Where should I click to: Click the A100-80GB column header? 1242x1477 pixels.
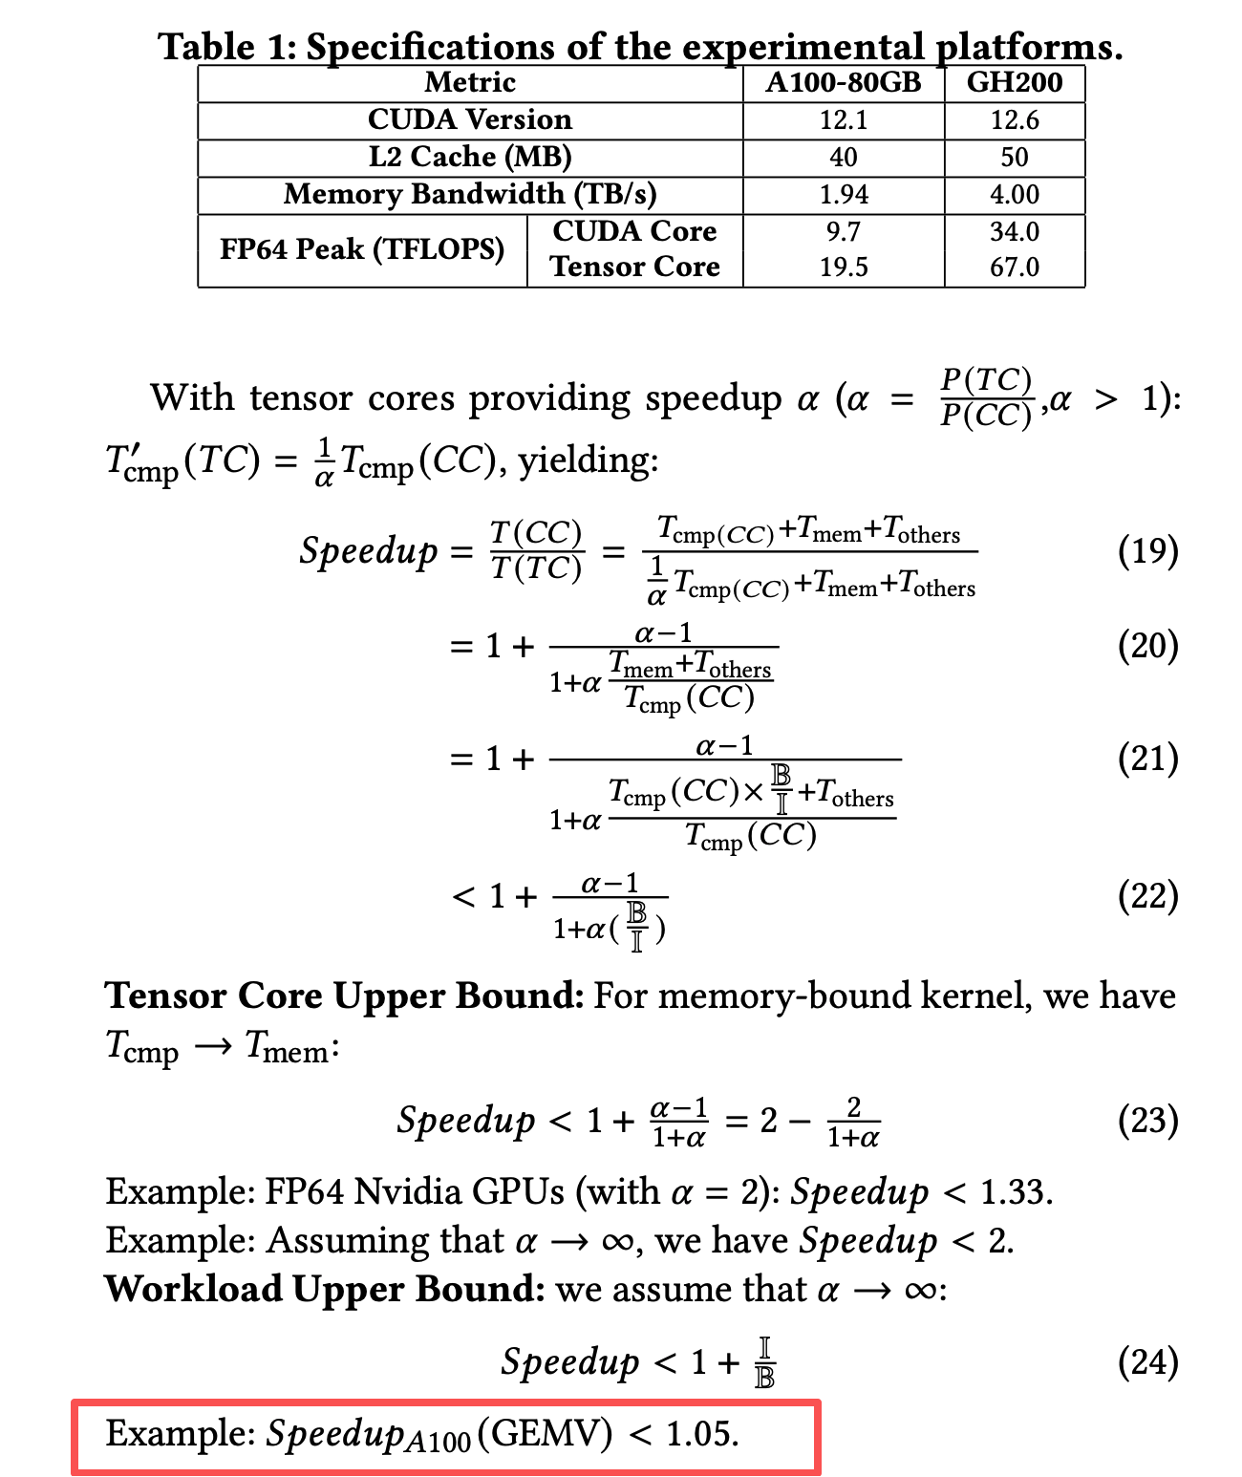(843, 82)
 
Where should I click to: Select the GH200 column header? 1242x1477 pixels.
(1014, 82)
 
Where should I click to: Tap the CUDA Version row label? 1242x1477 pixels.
(469, 119)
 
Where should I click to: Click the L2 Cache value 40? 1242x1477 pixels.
(843, 157)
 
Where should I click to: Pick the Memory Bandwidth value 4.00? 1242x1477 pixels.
(1014, 194)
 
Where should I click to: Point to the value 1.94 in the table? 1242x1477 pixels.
(843, 194)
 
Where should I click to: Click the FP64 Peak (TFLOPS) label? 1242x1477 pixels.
(361, 249)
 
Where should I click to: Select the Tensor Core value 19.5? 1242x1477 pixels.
(843, 268)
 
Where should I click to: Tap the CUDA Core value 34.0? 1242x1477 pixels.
(1014, 231)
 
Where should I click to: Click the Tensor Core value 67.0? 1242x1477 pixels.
(1014, 268)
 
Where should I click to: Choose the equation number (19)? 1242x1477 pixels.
(1147, 551)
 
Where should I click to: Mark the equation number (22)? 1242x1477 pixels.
(1147, 896)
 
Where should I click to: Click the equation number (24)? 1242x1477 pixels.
(1147, 1361)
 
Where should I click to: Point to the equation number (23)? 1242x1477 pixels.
(1147, 1120)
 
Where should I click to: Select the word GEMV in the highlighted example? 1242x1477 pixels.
(545, 1434)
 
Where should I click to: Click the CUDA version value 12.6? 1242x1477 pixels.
(1014, 120)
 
